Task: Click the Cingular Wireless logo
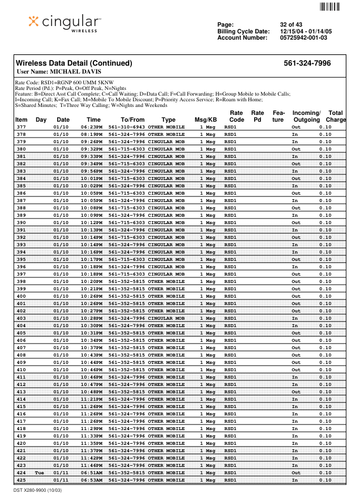coord(66,23)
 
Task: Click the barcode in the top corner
coord(329,7)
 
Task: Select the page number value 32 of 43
coord(292,25)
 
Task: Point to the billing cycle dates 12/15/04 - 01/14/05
coord(306,31)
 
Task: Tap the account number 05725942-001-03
coord(303,38)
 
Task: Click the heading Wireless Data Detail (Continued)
coord(74,63)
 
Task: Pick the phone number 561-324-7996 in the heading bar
coord(307,63)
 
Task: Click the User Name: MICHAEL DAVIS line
coord(59,72)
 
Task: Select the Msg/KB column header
coord(205,120)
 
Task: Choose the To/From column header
coord(133,120)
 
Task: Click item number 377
coord(21,127)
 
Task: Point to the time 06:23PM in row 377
coord(91,127)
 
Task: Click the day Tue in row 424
coord(40,473)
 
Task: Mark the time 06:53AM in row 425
coord(91,480)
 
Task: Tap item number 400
coord(21,296)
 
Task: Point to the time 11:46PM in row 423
coord(91,465)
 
